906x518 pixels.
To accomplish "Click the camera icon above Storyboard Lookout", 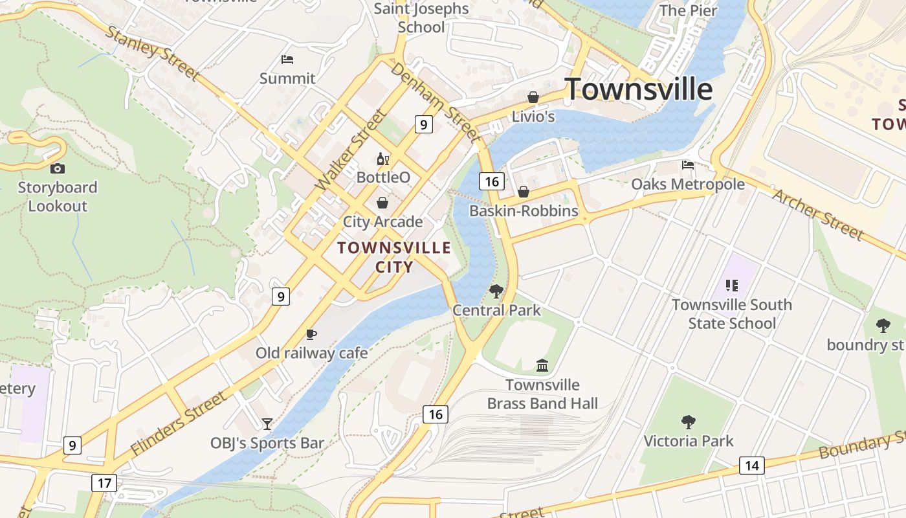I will [x=58, y=168].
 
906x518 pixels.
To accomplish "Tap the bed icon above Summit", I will [x=287, y=60].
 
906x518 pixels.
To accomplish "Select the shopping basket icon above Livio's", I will [x=533, y=97].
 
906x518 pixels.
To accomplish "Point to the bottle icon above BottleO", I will [x=383, y=159].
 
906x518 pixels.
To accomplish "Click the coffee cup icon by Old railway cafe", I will [x=311, y=334].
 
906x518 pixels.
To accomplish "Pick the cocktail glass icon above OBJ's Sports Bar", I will [x=267, y=424].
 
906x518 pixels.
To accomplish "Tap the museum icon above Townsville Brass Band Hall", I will [x=542, y=366].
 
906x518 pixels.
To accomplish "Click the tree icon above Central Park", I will [x=496, y=291].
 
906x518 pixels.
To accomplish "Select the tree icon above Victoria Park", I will [x=689, y=422].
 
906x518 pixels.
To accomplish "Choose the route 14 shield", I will [x=751, y=465].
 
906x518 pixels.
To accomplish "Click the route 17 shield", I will [x=104, y=482].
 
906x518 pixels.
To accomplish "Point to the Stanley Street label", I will [x=151, y=53].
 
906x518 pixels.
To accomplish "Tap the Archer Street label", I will [x=818, y=214].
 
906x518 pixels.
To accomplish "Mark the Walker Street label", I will [x=351, y=150].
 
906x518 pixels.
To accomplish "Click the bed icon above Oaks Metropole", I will [x=688, y=165].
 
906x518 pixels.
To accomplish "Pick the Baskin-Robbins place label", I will [x=524, y=211].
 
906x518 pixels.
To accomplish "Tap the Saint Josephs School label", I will [x=421, y=17].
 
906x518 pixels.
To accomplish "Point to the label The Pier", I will [x=689, y=10].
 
